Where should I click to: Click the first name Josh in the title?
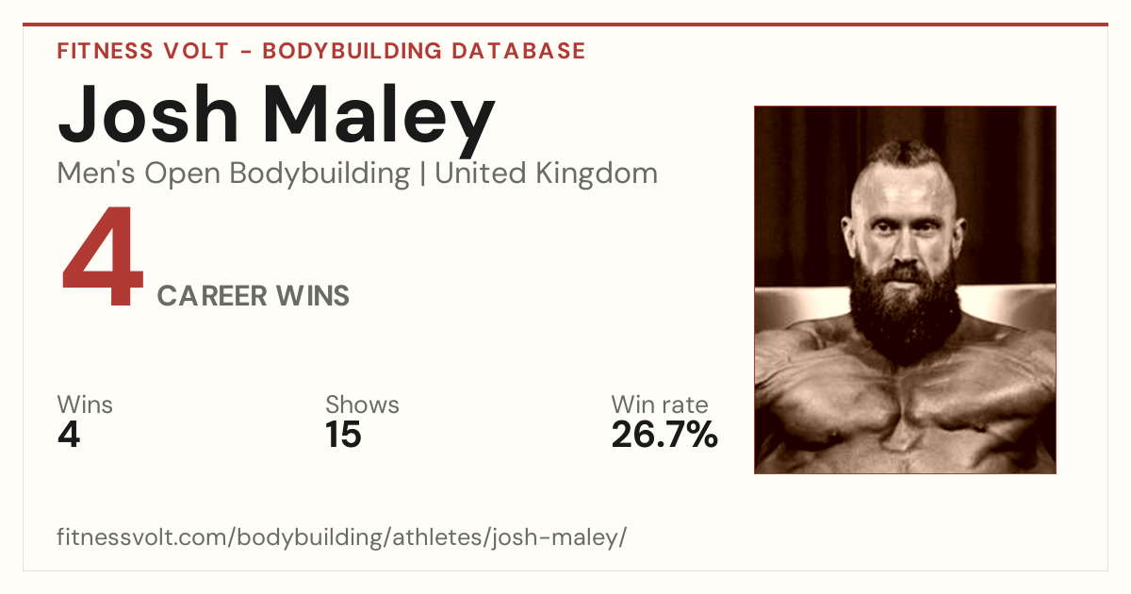pyautogui.click(x=147, y=115)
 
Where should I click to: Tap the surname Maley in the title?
pyautogui.click(x=379, y=121)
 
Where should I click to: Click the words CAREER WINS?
pyautogui.click(x=253, y=295)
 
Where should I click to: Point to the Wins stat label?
pyautogui.click(x=85, y=404)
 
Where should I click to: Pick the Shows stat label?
pyautogui.click(x=362, y=404)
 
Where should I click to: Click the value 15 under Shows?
pyautogui.click(x=343, y=435)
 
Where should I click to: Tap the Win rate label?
pyautogui.click(x=660, y=404)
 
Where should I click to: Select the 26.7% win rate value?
pyautogui.click(x=664, y=435)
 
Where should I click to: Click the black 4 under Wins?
pyautogui.click(x=69, y=435)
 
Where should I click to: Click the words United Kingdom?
pyautogui.click(x=546, y=173)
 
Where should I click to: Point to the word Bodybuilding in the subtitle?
pyautogui.click(x=320, y=174)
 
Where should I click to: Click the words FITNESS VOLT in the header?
pyautogui.click(x=143, y=51)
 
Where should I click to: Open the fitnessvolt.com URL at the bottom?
pyautogui.click(x=342, y=536)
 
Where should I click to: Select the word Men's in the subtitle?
pyautogui.click(x=96, y=173)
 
